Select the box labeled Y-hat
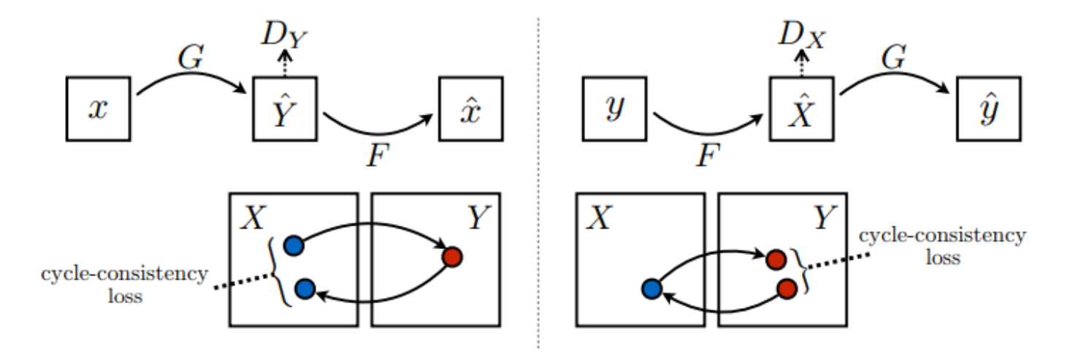coord(286,108)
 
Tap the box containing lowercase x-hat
coord(471,108)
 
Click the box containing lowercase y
coord(614,108)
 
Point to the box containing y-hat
coord(988,108)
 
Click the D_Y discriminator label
coord(286,34)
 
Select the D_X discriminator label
coord(801,34)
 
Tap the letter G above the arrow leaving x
coord(191,59)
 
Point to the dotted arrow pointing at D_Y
coord(286,64)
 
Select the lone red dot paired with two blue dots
coord(452,258)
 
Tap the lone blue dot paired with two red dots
coord(650,289)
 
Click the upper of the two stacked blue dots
coord(294,245)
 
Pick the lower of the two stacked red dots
coord(786,288)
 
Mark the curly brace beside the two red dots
coord(803,272)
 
